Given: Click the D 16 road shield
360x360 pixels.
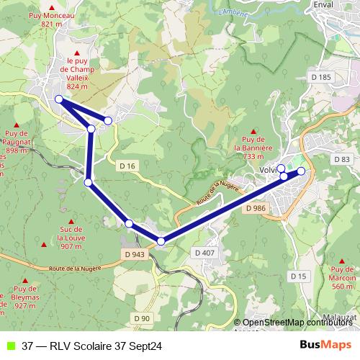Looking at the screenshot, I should tap(127, 166).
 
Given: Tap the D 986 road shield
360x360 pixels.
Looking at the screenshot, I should tap(256, 208).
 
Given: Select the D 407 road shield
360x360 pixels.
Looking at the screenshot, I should tap(204, 253).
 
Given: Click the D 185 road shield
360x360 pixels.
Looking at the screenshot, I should tap(321, 76).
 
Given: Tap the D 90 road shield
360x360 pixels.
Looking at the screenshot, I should tap(141, 318).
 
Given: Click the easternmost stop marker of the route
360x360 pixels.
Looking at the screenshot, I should tap(301, 171).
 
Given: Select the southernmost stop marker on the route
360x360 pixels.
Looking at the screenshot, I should tap(161, 241).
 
